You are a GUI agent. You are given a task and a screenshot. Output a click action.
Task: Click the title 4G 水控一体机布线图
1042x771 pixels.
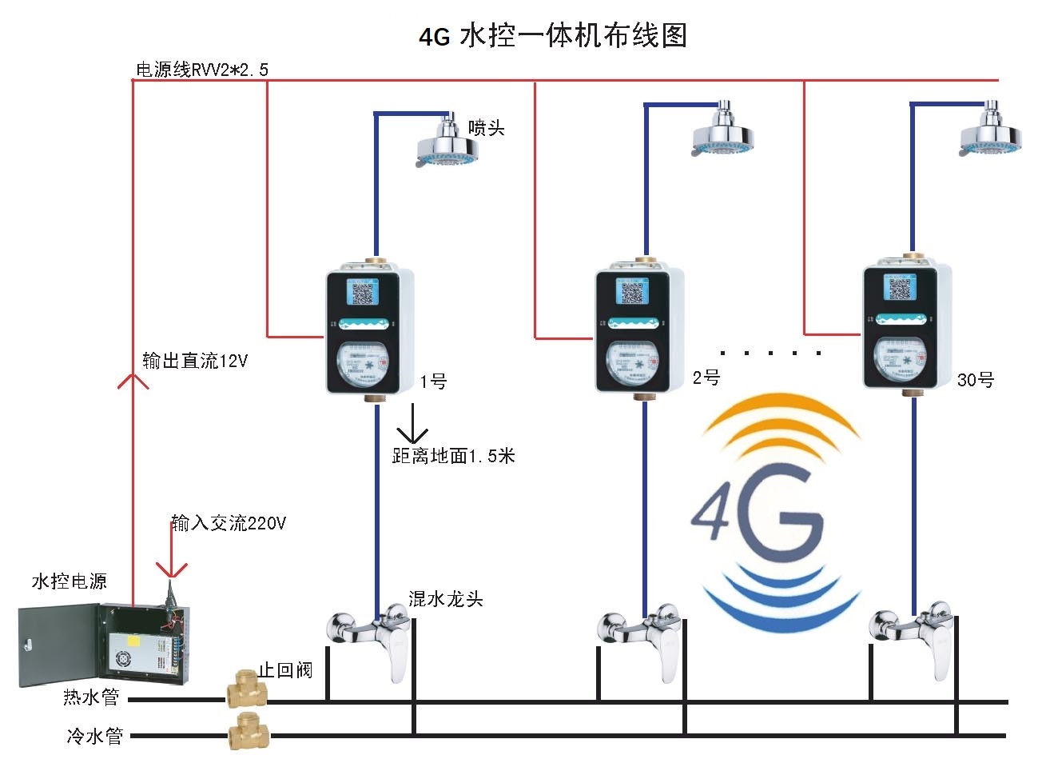pos(553,36)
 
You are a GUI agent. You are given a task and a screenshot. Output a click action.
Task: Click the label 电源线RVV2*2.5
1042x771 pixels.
pos(201,70)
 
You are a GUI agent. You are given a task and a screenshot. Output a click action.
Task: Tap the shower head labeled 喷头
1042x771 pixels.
pos(449,144)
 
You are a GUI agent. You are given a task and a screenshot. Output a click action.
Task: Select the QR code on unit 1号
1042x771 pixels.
pos(364,294)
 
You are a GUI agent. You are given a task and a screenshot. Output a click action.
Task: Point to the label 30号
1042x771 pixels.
pos(976,380)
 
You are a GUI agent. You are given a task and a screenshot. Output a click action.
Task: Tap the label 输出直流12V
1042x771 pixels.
pos(195,361)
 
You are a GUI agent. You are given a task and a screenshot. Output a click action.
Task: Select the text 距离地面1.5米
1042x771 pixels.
pos(453,456)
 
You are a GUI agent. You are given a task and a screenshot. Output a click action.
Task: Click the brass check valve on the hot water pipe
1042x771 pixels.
pos(245,690)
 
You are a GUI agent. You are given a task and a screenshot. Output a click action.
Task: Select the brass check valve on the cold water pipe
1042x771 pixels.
pos(248,732)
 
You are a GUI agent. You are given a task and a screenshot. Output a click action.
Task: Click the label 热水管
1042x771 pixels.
pos(91,697)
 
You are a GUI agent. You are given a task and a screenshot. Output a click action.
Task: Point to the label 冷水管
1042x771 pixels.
pos(94,735)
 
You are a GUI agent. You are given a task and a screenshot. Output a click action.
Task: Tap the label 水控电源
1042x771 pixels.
pos(70,581)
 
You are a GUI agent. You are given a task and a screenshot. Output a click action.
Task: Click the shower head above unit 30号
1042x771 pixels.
pos(991,134)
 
